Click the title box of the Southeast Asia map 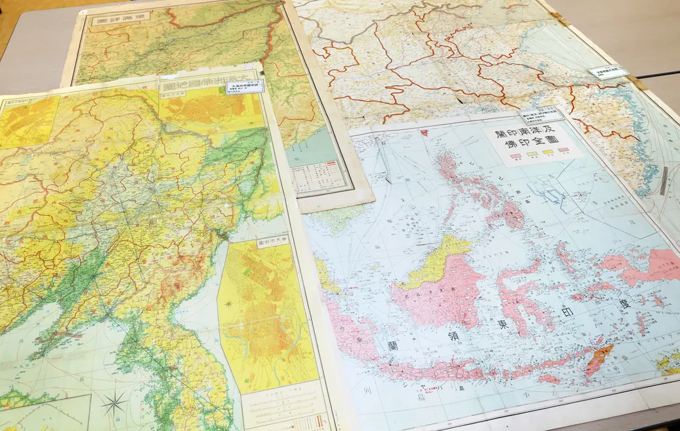tap(533, 143)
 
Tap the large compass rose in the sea tap(114, 402)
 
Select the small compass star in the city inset tap(229, 303)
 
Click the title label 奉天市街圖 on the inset tap(273, 241)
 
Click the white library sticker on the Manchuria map tap(245, 87)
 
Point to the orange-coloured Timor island tap(599, 356)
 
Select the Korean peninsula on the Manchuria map tap(163, 367)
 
